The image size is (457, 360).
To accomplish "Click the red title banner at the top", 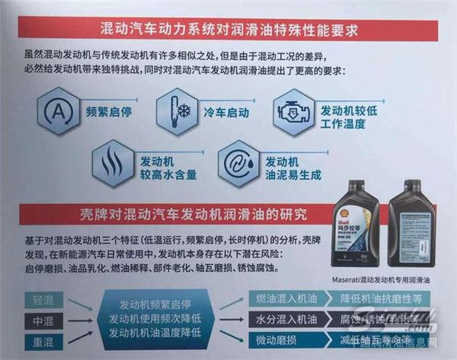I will click(229, 31).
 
